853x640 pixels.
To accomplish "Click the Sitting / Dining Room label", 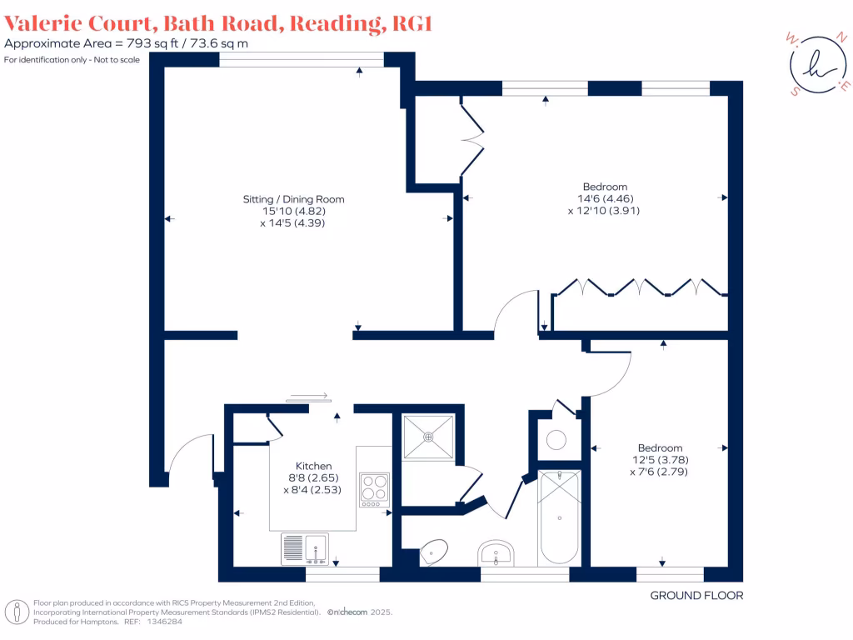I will [293, 199].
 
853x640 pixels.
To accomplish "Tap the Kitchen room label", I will [314, 466].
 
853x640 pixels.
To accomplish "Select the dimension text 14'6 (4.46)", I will [605, 198].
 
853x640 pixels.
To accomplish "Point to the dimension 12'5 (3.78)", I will [660, 459].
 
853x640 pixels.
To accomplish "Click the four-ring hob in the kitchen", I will [374, 489].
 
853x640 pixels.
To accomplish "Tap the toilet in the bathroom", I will [434, 549].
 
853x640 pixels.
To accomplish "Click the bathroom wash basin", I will [497, 552].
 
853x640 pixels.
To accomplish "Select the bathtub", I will [560, 517].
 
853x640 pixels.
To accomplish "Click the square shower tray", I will [428, 436].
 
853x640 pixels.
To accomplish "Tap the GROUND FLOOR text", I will [696, 595].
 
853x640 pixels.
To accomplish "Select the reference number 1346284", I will [165, 621].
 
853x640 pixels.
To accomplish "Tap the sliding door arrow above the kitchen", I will [307, 397].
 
